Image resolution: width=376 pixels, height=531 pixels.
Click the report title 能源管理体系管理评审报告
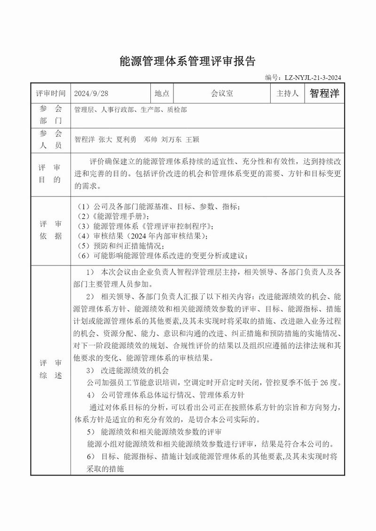(188, 61)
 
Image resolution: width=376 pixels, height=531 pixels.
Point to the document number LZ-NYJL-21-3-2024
(311, 78)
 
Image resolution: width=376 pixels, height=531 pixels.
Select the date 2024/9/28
(91, 94)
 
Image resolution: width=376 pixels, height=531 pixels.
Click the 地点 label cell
(162, 94)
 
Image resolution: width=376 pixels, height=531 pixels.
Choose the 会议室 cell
(222, 94)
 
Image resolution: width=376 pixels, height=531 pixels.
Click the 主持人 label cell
(288, 94)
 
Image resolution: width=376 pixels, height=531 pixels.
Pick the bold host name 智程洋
(324, 94)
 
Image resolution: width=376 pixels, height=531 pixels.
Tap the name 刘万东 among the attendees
(172, 140)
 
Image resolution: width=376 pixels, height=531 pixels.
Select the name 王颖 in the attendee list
(193, 140)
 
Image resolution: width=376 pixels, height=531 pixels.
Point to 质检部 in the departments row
(177, 110)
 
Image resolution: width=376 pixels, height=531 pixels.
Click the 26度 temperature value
(327, 382)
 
